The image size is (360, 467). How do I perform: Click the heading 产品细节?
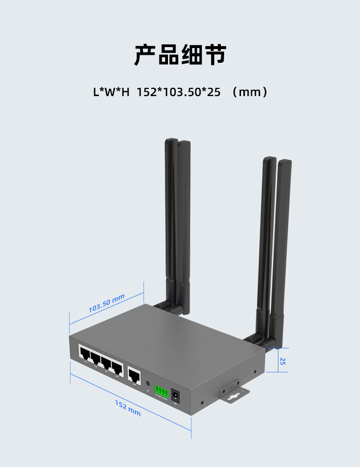(180, 55)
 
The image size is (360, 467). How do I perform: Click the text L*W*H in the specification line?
(111, 91)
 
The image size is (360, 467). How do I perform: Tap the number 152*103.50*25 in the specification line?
(179, 91)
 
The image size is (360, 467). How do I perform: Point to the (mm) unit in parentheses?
(250, 91)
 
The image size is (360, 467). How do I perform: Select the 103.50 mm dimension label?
(106, 304)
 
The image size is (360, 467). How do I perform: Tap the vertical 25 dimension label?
(283, 361)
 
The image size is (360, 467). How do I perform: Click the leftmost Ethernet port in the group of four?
(84, 355)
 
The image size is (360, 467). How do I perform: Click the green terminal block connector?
(161, 392)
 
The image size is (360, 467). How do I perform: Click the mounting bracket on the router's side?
(236, 392)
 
